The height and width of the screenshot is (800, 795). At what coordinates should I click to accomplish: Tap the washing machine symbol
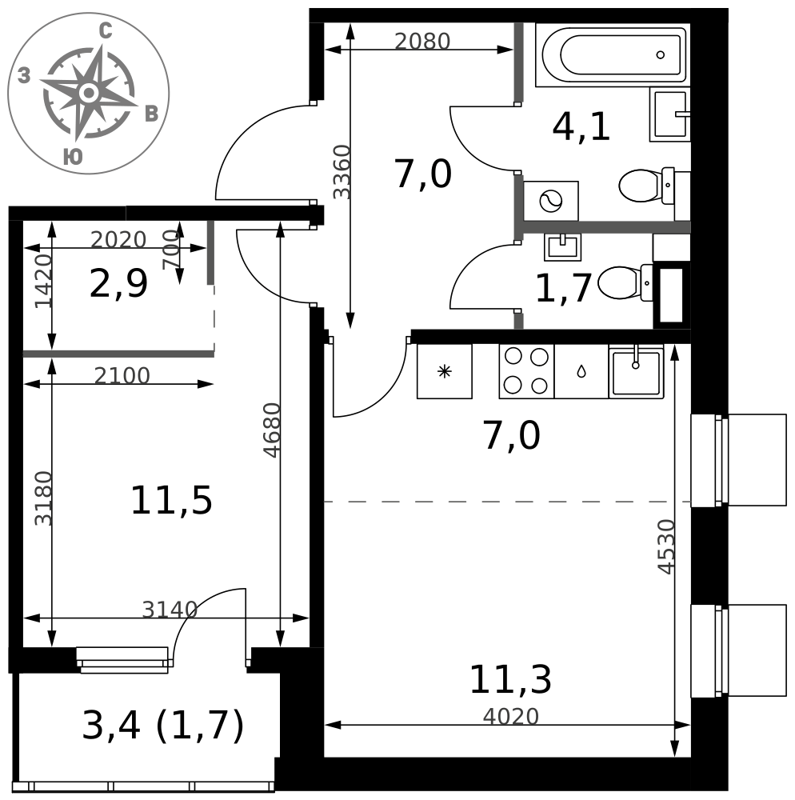click(x=551, y=201)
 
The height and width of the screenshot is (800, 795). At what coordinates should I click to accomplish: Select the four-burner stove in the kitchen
click(x=526, y=371)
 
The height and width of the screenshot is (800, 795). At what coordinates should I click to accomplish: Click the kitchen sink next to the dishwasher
click(x=636, y=371)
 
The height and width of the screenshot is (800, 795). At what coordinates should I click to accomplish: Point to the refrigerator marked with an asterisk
click(x=445, y=371)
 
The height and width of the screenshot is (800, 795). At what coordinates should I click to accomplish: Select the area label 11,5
click(x=171, y=501)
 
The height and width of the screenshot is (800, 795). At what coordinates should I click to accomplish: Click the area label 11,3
click(x=510, y=679)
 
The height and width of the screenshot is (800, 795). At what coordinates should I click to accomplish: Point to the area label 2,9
click(x=118, y=284)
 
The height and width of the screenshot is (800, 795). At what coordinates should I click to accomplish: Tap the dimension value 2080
click(x=422, y=42)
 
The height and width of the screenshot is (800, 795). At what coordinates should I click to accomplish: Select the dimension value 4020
click(x=510, y=717)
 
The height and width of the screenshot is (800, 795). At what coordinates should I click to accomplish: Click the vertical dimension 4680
click(x=272, y=430)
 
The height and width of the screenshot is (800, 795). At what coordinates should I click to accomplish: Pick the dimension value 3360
click(x=342, y=172)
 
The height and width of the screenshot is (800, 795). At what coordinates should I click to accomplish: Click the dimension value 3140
click(x=170, y=609)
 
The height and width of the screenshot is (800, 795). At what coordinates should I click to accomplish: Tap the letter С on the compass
click(x=105, y=32)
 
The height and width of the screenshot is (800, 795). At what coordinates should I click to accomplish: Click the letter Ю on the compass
click(x=73, y=157)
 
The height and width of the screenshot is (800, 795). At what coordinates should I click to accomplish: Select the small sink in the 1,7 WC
click(x=562, y=247)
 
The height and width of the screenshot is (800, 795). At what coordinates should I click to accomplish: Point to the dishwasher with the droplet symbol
click(x=581, y=371)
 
